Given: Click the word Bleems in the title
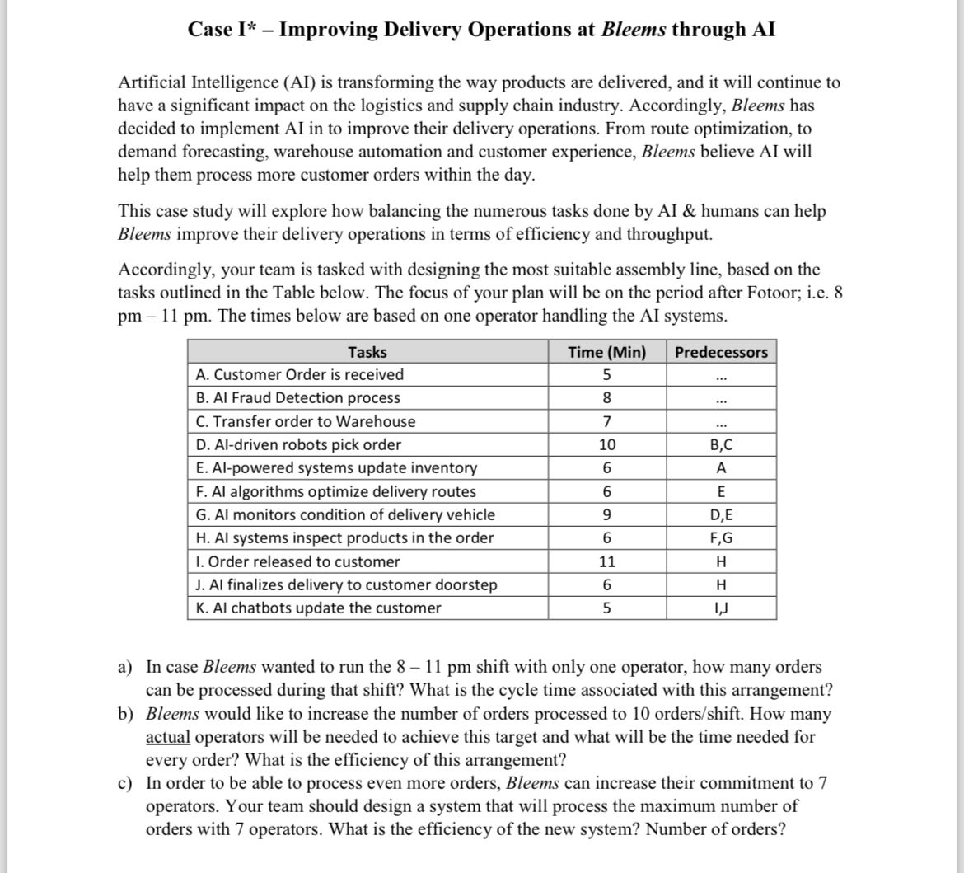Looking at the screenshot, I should click(634, 30).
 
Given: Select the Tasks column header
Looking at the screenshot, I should click(367, 352).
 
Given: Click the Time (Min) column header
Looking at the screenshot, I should click(606, 352).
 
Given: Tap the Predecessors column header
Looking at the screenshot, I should click(721, 352).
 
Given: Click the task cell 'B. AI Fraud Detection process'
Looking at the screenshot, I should click(298, 397).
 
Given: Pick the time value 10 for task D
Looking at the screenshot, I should click(606, 444).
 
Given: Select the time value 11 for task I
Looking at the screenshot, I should click(606, 561).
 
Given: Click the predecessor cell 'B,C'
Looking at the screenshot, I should click(721, 444).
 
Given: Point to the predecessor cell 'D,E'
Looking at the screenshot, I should click(721, 515).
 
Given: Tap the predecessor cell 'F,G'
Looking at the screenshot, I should click(721, 538).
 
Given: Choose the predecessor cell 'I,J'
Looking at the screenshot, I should click(721, 608).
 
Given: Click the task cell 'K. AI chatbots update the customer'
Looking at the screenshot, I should click(318, 608).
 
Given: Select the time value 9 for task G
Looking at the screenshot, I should click(606, 515).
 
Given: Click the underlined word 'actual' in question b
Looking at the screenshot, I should click(168, 736).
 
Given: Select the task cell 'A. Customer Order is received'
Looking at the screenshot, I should click(300, 374).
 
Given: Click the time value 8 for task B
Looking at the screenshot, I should click(606, 397).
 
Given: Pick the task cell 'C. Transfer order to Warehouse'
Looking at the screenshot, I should click(306, 421).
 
